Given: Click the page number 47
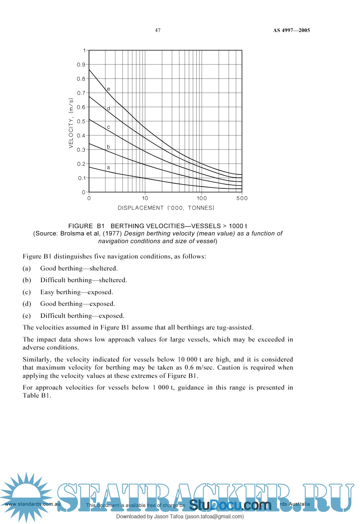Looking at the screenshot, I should [x=158, y=30].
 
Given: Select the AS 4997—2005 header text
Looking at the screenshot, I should [x=291, y=30].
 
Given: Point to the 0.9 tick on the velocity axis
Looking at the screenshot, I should [x=81, y=65].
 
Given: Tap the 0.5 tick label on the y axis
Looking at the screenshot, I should [x=81, y=121].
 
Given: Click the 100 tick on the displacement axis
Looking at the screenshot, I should [x=202, y=198].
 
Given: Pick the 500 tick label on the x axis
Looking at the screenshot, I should [x=242, y=198].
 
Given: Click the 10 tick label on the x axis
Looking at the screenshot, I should [x=145, y=198].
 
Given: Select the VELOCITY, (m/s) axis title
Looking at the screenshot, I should [x=71, y=123].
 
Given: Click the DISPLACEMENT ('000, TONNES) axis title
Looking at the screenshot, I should [x=166, y=208].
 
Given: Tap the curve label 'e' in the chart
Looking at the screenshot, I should [x=108, y=89].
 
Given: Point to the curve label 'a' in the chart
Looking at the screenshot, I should [x=108, y=167].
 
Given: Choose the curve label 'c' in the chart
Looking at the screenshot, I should [x=108, y=127].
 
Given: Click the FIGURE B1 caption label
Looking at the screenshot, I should [x=86, y=226].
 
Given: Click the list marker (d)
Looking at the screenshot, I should [x=27, y=304].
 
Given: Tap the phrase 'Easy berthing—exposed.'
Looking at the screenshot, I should [x=77, y=292].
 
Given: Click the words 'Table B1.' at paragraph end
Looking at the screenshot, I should [x=37, y=396].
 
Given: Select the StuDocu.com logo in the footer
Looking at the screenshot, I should [x=230, y=505].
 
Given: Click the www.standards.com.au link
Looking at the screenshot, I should [x=33, y=504].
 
